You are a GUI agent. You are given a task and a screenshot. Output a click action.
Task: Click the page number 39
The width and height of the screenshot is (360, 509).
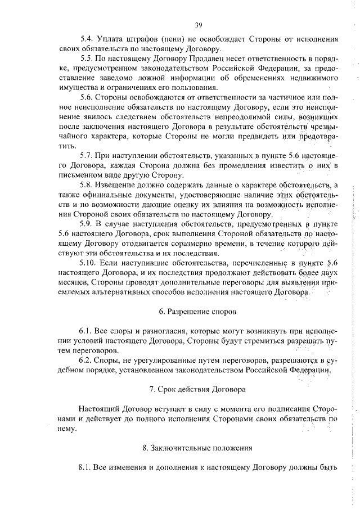coord(199,24)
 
